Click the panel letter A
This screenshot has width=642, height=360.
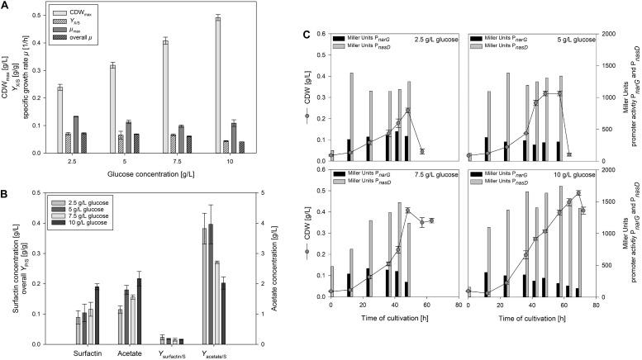(x=5, y=6)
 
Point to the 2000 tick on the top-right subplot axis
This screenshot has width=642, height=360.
(x=592, y=34)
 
